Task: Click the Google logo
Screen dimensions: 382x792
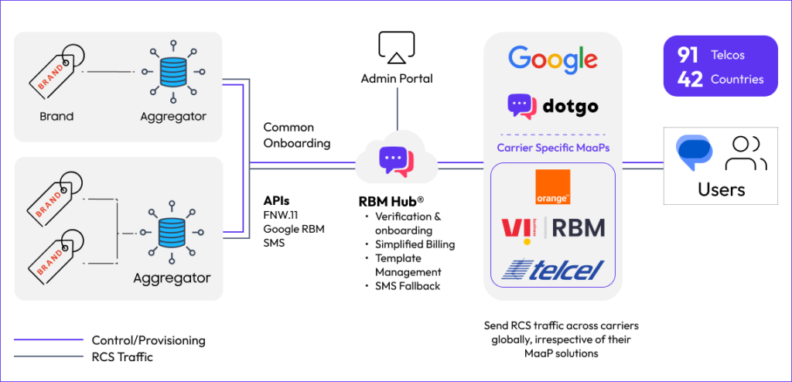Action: (x=552, y=60)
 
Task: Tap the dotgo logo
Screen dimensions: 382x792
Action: (x=552, y=107)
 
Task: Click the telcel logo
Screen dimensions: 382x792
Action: (x=552, y=269)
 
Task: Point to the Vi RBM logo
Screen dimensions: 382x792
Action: (x=552, y=229)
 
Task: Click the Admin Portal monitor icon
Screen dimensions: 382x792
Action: (x=398, y=48)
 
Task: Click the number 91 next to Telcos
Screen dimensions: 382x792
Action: (x=688, y=56)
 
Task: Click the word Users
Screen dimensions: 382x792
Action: (x=721, y=189)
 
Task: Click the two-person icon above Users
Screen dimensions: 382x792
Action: (x=745, y=152)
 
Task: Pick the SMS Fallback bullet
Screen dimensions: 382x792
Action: (x=407, y=286)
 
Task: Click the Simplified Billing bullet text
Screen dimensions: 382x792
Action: (x=415, y=244)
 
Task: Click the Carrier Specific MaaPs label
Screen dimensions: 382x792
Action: (x=552, y=147)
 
